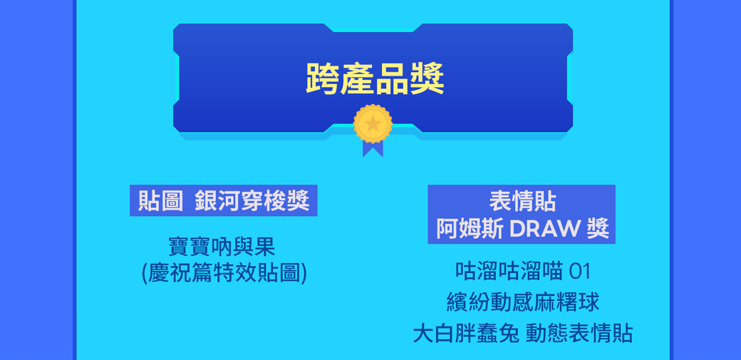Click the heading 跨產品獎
coord(375,78)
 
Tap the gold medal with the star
coord(373,124)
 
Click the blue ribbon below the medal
coord(373,148)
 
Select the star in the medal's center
coord(373,124)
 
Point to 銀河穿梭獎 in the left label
coord(252,201)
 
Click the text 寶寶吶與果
coord(222,247)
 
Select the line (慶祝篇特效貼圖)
coord(224,273)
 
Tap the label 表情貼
coord(522,201)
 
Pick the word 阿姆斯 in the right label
coord(470,229)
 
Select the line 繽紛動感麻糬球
coord(522,302)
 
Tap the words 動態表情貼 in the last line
coord(579,333)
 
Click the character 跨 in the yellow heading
coord(322,78)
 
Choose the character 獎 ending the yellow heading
coord(427,78)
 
